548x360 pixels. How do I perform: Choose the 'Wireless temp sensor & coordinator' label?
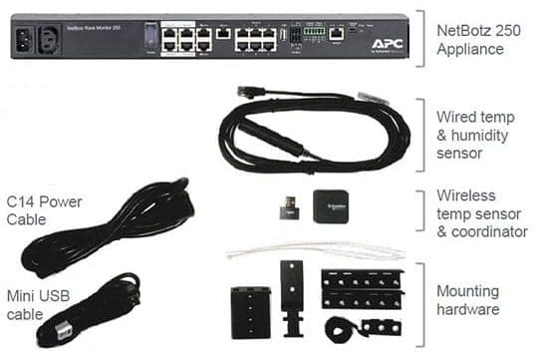[481, 213]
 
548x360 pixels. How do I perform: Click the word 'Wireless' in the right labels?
[466, 195]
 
